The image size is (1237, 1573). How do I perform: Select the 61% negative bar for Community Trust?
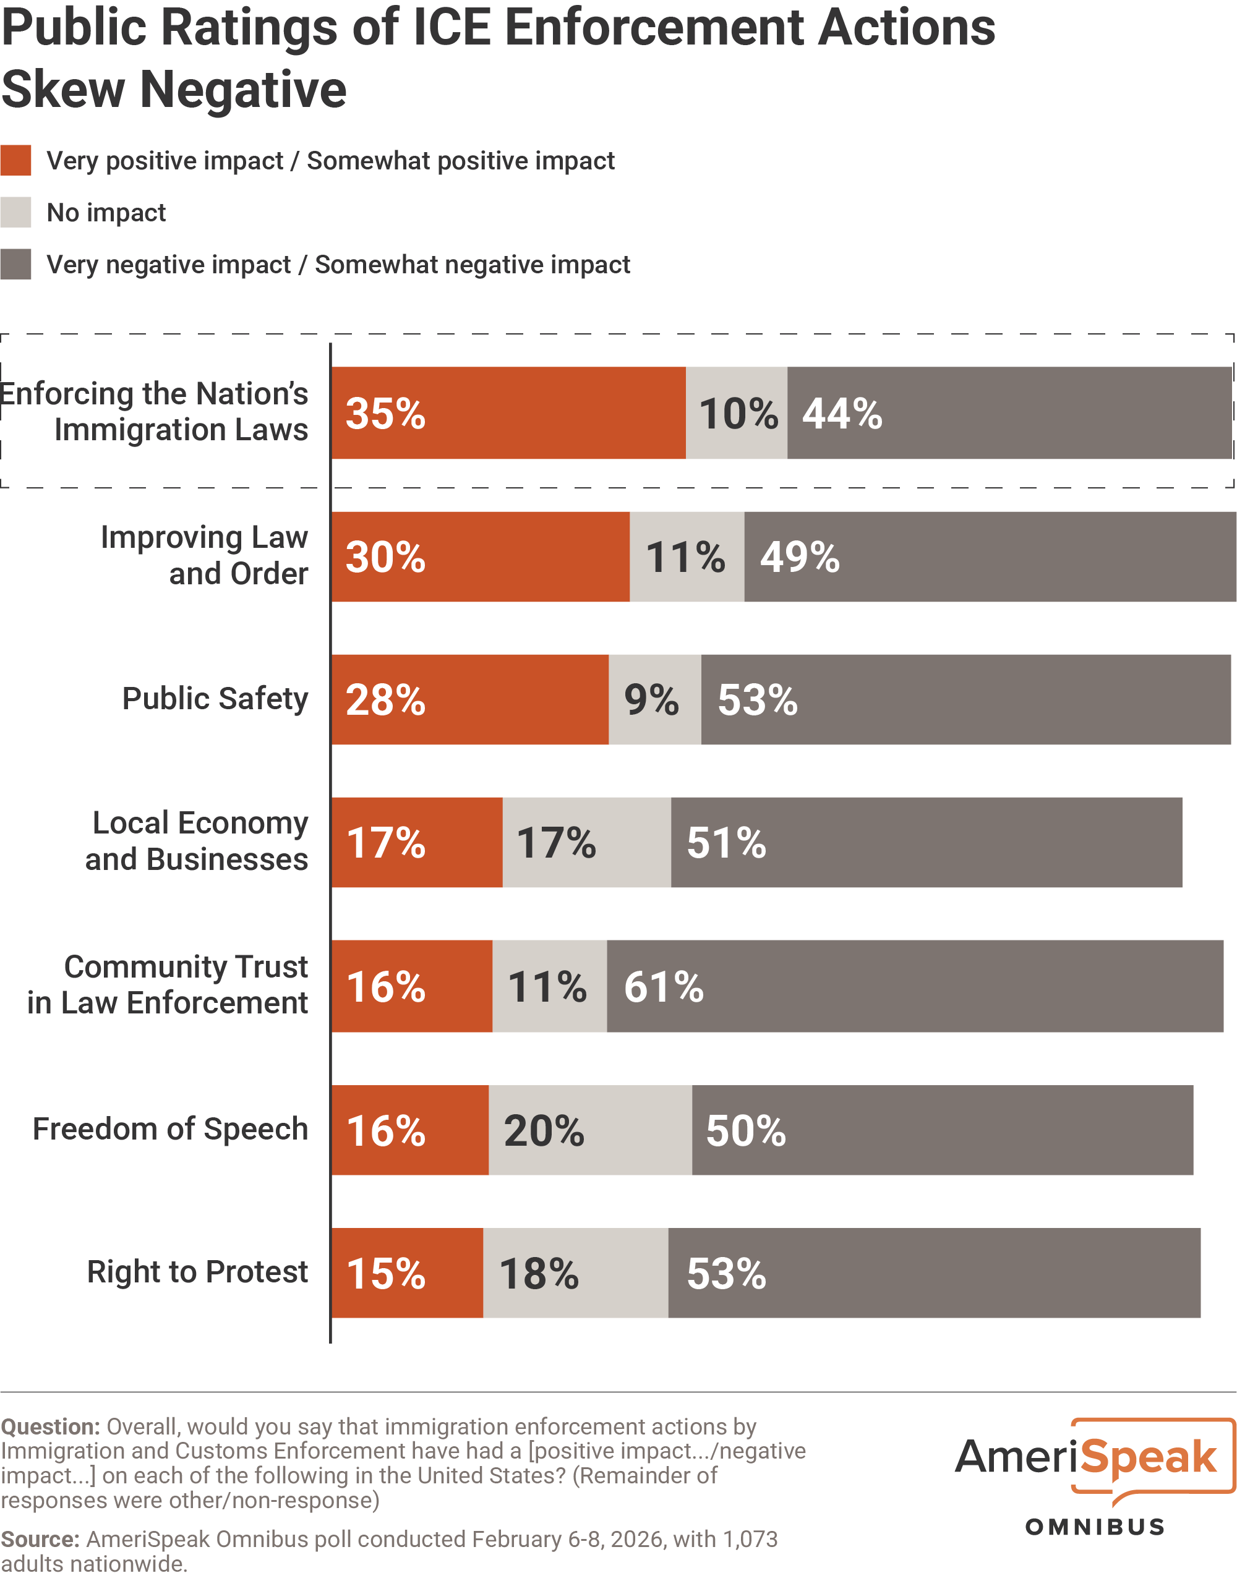coord(915,986)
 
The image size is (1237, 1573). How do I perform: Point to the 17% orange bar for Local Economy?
coord(417,842)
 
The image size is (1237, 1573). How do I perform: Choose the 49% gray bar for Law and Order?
coord(990,556)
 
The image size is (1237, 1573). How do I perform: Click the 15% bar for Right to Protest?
coord(407,1272)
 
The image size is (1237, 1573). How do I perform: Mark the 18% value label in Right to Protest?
coord(539,1273)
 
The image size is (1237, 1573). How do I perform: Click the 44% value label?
coord(842,413)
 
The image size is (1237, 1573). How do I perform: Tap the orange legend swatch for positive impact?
coord(15,160)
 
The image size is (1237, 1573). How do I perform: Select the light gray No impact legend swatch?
coord(15,212)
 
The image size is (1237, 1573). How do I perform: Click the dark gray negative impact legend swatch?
coord(15,264)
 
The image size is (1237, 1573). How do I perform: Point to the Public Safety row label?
coord(215,699)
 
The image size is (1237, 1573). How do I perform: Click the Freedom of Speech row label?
coord(170,1128)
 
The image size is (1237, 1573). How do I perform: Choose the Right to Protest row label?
coord(197,1271)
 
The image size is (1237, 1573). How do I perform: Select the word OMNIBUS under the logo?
coord(1094,1527)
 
